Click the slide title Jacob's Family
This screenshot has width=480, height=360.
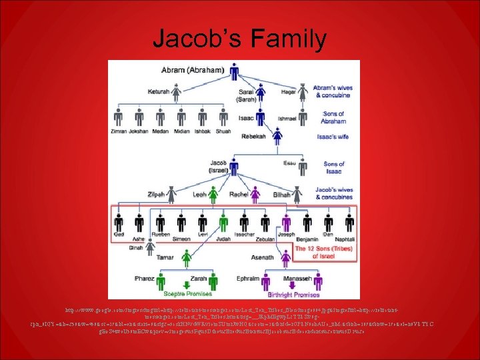(x=239, y=39)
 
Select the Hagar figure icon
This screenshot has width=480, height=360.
(x=303, y=91)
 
